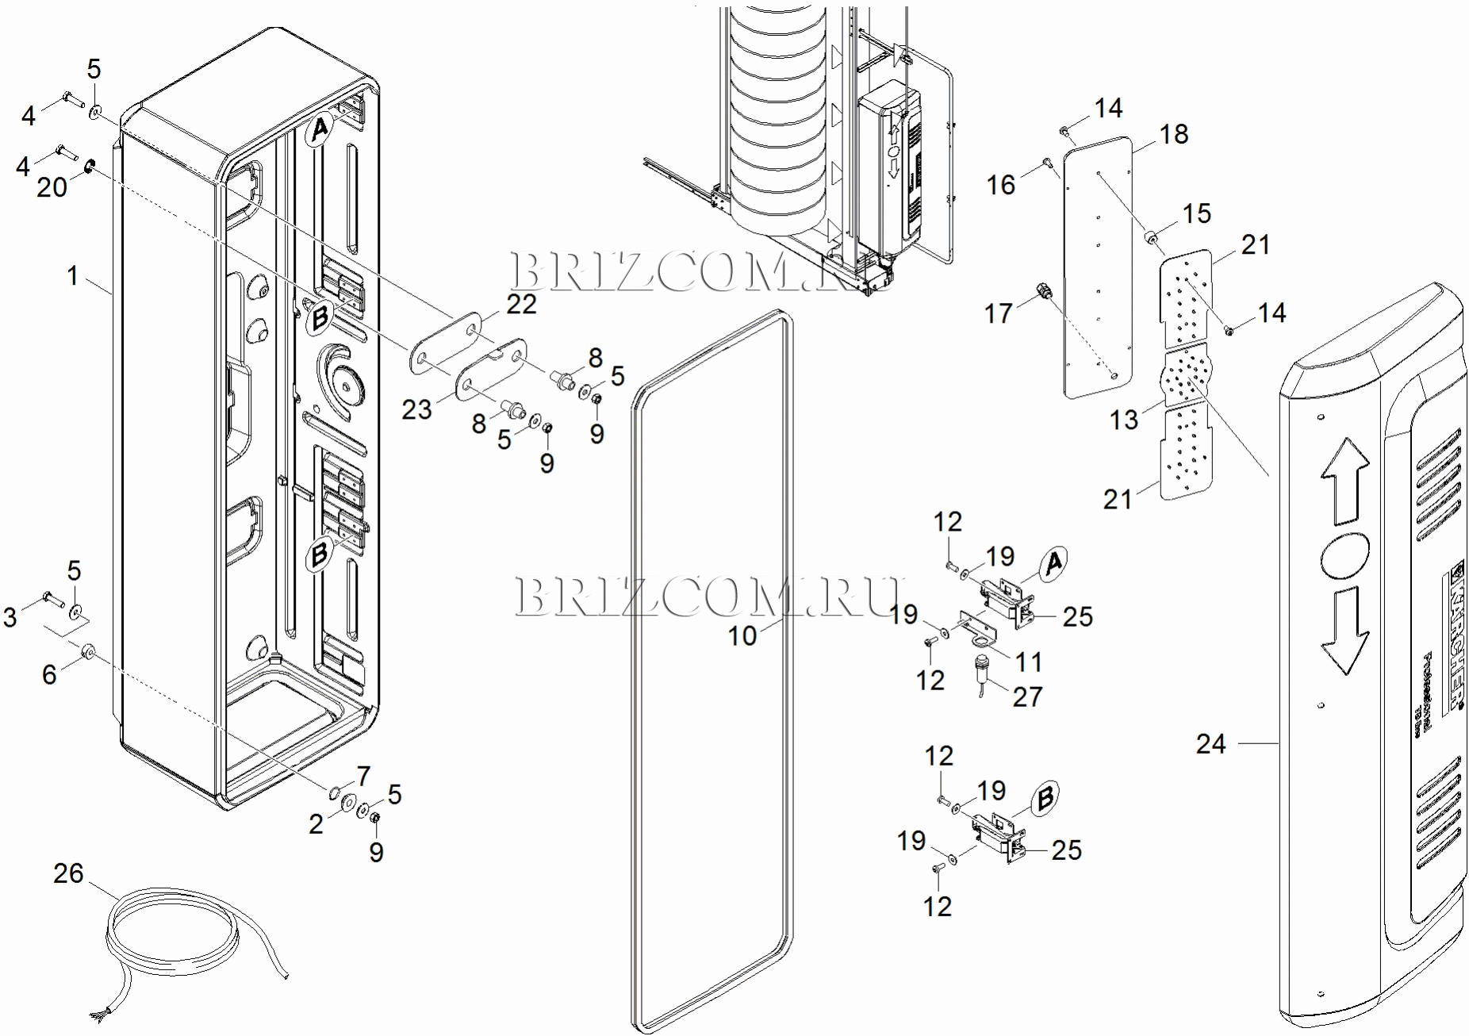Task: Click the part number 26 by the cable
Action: pyautogui.click(x=68, y=873)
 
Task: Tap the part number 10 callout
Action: pyautogui.click(x=742, y=635)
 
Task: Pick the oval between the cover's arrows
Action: pyautogui.click(x=1344, y=554)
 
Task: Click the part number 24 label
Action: pyautogui.click(x=1210, y=744)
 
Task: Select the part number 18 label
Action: pyautogui.click(x=1174, y=135)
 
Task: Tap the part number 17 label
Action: pyautogui.click(x=998, y=313)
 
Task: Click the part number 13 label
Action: pyautogui.click(x=1123, y=420)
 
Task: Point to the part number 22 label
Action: pyautogui.click(x=521, y=304)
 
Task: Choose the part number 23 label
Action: pyautogui.click(x=416, y=409)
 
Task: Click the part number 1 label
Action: pyautogui.click(x=73, y=276)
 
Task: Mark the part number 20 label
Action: pyautogui.click(x=52, y=187)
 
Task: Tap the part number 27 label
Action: pyautogui.click(x=1027, y=696)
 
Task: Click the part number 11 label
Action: pyautogui.click(x=1029, y=662)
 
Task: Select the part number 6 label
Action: pyautogui.click(x=49, y=674)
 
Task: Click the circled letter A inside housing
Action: pyautogui.click(x=320, y=129)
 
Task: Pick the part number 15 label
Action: pyautogui.click(x=1196, y=213)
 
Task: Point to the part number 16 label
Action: pyautogui.click(x=1001, y=185)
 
